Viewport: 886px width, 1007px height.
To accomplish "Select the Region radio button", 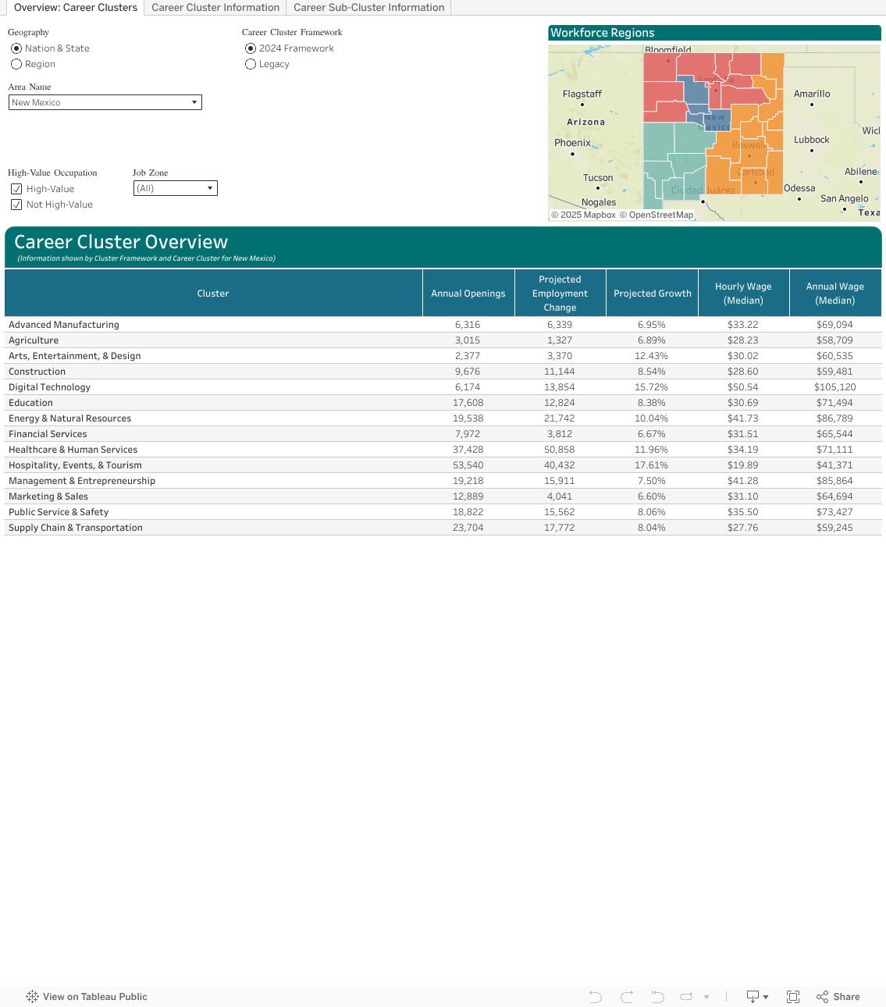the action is click(16, 64).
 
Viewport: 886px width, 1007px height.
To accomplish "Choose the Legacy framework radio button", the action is click(251, 64).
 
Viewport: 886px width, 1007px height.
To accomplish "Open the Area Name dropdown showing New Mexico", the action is click(105, 102).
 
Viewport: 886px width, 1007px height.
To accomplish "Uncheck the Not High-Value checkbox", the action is click(16, 205).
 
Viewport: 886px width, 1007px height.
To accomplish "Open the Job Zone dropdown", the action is click(175, 188).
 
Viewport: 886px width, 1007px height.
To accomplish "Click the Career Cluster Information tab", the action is click(215, 8).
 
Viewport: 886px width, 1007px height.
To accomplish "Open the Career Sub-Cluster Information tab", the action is click(368, 8).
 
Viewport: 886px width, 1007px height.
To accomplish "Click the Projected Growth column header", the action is click(652, 294).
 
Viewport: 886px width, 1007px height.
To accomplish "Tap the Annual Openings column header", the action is click(468, 294).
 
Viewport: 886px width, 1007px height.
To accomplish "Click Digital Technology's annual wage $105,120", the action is click(834, 387).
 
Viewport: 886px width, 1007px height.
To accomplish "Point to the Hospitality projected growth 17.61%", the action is click(651, 465).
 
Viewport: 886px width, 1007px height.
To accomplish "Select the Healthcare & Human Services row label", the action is click(73, 450).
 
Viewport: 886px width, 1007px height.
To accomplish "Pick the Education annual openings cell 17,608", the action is click(468, 403).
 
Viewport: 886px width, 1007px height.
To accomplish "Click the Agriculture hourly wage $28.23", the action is click(743, 340).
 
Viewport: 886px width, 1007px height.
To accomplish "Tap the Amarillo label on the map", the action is click(811, 94).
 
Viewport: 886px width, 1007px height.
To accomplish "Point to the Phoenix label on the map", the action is click(572, 143).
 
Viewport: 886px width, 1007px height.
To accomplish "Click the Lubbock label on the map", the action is click(811, 140).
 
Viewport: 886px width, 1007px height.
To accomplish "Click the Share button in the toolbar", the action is click(838, 997).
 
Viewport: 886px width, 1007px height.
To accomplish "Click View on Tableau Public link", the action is click(87, 997).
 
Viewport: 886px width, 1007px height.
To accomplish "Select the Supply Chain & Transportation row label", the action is click(76, 528).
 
